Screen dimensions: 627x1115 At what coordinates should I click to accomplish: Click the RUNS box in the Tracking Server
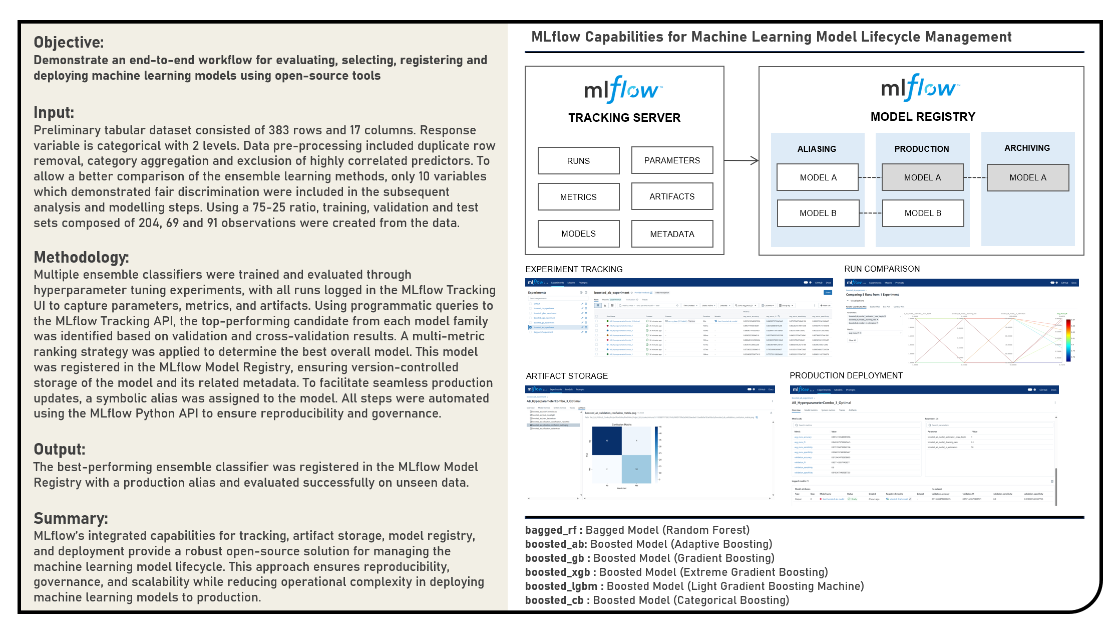578,161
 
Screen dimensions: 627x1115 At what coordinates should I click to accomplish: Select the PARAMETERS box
672,160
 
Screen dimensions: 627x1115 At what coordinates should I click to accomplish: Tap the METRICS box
578,197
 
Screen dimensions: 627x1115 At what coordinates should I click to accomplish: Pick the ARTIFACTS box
672,196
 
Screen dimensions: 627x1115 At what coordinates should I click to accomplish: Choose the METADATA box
672,234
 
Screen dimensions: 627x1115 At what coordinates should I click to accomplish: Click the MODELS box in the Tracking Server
578,234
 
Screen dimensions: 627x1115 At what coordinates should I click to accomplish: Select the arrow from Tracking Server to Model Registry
741,160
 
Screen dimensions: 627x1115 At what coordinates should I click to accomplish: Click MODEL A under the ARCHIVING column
1028,177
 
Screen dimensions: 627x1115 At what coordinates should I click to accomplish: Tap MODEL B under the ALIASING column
818,213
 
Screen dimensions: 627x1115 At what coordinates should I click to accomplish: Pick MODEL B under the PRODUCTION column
923,213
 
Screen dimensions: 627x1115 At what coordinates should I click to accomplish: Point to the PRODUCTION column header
922,149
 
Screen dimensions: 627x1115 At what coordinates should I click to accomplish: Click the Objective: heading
69,42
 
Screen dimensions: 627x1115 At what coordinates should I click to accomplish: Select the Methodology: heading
81,257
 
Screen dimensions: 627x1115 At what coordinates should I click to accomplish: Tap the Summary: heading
71,518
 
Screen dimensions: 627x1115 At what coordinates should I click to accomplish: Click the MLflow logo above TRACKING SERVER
623,89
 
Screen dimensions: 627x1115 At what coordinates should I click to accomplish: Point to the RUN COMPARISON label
882,269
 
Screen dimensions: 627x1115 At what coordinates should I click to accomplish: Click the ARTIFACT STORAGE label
567,376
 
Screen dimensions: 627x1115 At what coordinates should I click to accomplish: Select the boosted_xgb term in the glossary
557,572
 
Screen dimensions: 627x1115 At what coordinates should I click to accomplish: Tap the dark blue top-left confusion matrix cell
607,441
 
